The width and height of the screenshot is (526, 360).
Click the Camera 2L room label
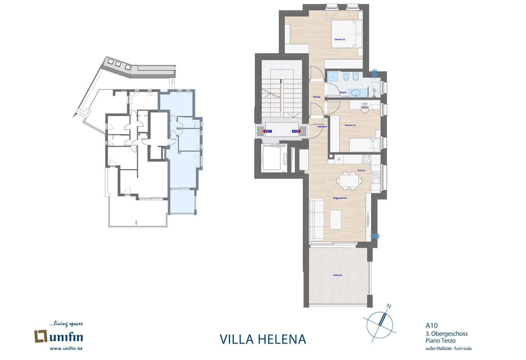[x=340, y=39]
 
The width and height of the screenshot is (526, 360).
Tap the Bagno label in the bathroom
[x=343, y=93]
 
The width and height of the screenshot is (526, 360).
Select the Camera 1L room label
[x=350, y=125]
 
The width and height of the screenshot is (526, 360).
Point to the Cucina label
[x=361, y=171]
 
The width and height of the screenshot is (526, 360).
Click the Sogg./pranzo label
[x=340, y=198]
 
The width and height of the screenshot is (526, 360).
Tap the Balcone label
[x=338, y=275]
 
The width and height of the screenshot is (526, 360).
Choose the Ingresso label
[x=322, y=127]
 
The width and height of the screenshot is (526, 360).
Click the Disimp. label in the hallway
[x=317, y=97]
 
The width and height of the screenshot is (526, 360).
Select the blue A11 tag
[x=269, y=131]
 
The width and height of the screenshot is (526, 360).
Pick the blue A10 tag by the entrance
[x=295, y=131]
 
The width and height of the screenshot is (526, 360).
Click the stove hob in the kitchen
[x=366, y=159]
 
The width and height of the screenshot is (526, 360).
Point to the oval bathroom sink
[x=356, y=93]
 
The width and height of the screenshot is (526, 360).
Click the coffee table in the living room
[x=336, y=220]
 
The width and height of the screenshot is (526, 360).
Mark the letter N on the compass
[x=389, y=306]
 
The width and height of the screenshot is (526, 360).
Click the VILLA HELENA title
[x=263, y=339]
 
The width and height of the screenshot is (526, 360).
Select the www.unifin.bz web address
[x=66, y=348]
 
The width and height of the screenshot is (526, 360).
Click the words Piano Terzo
[x=440, y=341]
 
